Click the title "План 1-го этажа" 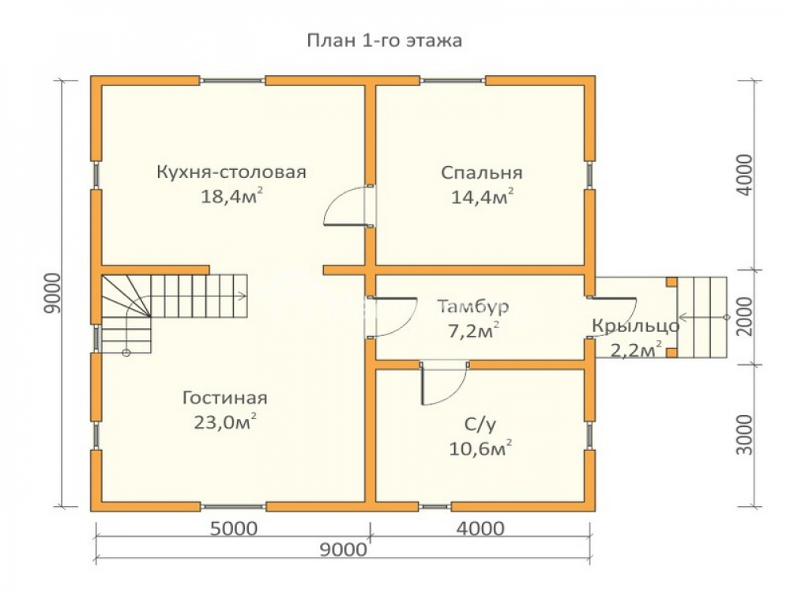coord(385,40)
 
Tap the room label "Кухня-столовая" coord(231,172)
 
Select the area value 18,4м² coord(231,195)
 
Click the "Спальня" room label coord(482,173)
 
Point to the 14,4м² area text coord(482,196)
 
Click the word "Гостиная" coord(224,398)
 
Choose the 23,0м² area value coord(225,421)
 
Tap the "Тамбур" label coord(473,307)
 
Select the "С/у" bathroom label coord(480,425)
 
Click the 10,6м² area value coord(480,448)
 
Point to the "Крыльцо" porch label coord(636,327)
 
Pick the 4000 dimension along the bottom coord(480,528)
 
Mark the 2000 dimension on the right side coord(744,316)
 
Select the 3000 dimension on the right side coord(744,435)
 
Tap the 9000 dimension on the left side coord(52,293)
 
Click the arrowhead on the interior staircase coord(243,296)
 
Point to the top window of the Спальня coord(453,80)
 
